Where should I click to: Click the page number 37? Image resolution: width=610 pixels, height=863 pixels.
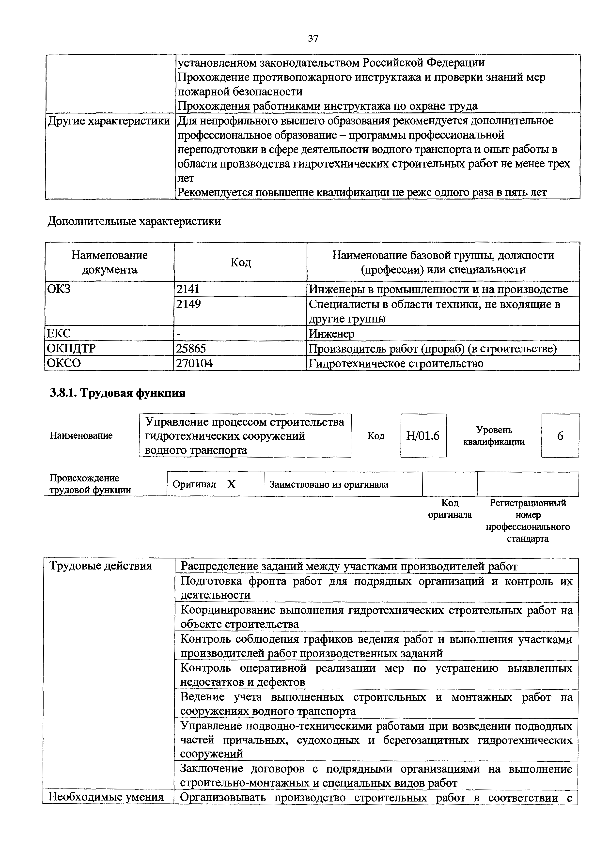click(x=313, y=38)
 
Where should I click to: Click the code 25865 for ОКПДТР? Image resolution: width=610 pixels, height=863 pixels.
click(x=191, y=348)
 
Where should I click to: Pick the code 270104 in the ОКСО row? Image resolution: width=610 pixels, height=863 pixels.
click(x=194, y=363)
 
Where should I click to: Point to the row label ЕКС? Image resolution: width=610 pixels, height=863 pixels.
click(x=59, y=333)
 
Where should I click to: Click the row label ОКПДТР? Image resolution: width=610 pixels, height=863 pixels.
click(x=71, y=348)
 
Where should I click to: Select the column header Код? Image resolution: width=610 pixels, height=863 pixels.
click(x=241, y=262)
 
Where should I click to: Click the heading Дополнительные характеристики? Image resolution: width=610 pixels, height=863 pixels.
click(x=134, y=221)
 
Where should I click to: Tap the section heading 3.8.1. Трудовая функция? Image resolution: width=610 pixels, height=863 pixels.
click(x=118, y=393)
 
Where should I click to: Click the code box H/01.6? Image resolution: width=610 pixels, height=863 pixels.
click(x=423, y=436)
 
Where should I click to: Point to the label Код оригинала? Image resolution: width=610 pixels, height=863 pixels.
click(x=450, y=509)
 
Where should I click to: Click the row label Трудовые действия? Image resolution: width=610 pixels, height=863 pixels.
click(x=100, y=566)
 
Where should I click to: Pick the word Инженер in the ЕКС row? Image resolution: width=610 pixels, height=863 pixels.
click(x=331, y=333)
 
